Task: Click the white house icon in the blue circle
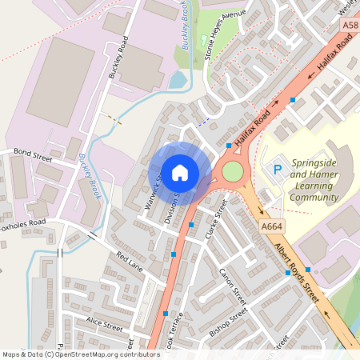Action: click(x=179, y=172)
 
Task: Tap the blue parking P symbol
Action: click(x=278, y=170)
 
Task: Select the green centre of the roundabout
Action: click(x=232, y=171)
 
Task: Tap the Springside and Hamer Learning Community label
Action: click(x=314, y=180)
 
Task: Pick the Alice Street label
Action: click(x=104, y=327)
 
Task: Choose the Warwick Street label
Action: click(x=152, y=190)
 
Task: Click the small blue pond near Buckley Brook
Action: click(x=177, y=81)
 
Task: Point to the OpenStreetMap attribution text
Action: click(x=81, y=354)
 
